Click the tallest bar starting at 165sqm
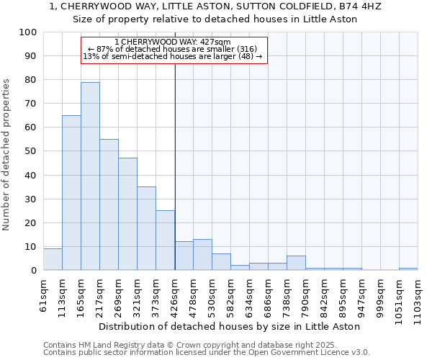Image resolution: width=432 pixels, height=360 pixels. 90,176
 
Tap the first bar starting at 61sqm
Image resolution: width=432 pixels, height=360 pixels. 53,259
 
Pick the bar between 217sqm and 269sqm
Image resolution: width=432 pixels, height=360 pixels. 109,204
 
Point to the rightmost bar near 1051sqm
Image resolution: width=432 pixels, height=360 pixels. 408,269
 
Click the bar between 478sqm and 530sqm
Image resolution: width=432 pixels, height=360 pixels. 202,255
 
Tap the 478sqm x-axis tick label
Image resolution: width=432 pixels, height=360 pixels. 184,297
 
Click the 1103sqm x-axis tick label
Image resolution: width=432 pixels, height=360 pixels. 418,300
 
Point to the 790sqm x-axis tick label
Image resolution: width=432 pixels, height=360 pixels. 315,297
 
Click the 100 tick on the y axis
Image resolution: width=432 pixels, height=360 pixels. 27,32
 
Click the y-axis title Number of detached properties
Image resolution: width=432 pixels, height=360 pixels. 8,155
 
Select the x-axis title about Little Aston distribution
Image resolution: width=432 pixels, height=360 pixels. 229,327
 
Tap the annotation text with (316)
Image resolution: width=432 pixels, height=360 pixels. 172,49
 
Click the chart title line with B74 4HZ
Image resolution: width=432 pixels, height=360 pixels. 215,6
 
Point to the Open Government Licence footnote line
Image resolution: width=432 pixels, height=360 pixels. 207,353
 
